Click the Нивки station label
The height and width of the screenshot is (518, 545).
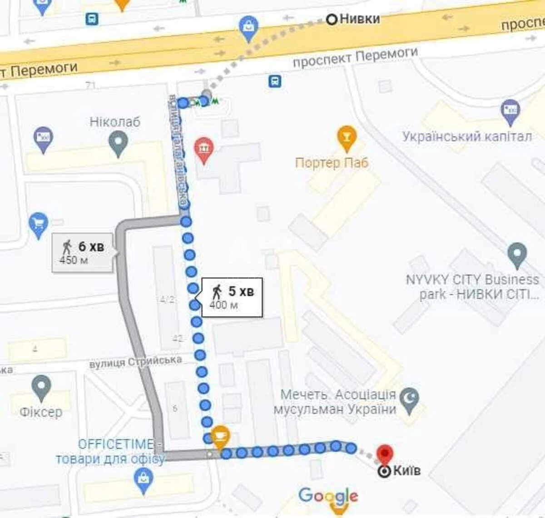pos(359,19)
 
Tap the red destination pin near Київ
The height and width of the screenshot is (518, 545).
pos(385,454)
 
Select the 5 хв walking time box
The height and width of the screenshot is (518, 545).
pos(232,297)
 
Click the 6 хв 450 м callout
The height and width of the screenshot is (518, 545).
pos(82,252)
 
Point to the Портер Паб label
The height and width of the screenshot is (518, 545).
pos(332,163)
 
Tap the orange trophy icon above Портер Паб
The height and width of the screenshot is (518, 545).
pos(347,138)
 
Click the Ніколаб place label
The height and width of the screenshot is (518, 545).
pos(114,122)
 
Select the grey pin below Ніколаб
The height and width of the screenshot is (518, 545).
pos(118,143)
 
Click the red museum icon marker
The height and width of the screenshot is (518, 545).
pos(204,149)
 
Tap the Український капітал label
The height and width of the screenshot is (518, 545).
pos(466,136)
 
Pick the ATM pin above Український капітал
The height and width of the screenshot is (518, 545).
pos(510,111)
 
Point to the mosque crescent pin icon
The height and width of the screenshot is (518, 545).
pos(410,400)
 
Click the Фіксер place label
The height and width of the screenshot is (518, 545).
pos(41,412)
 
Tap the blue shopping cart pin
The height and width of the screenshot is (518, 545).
pos(38,224)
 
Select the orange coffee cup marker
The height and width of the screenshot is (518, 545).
pos(221,437)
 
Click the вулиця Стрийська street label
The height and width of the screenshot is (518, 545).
pos(135,362)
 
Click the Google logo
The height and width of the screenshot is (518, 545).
pos(328,496)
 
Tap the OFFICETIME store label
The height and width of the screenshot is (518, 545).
pos(110,451)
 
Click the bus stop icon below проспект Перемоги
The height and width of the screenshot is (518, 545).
pos(274,81)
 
